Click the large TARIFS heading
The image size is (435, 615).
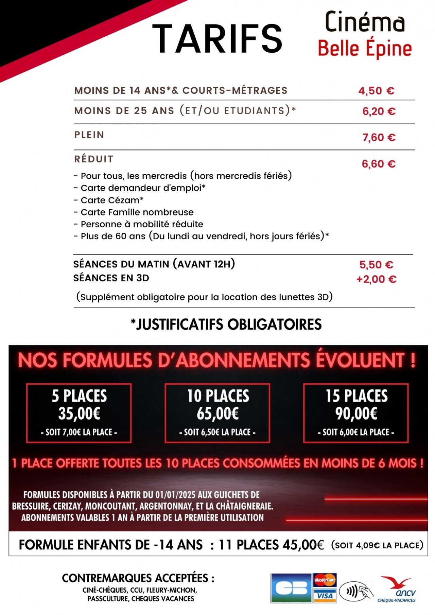(217, 39)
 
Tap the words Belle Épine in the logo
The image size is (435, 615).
(365, 49)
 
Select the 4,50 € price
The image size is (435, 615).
(376, 91)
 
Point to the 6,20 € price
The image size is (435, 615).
(379, 111)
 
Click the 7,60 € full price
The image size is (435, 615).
(379, 137)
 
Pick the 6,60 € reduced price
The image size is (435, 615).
(378, 164)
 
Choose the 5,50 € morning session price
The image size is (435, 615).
(376, 265)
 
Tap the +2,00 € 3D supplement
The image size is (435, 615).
(376, 279)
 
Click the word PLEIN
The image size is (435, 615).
(89, 135)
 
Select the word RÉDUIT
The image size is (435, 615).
(93, 159)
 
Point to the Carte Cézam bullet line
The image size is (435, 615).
(109, 200)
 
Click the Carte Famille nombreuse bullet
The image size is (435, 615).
(134, 212)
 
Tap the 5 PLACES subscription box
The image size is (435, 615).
(79, 413)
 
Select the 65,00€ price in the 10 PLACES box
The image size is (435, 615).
(217, 414)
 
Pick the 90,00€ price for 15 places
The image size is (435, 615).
(356, 414)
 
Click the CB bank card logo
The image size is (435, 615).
(291, 588)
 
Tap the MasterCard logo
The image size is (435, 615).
(325, 580)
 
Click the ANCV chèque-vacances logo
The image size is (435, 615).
(397, 589)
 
